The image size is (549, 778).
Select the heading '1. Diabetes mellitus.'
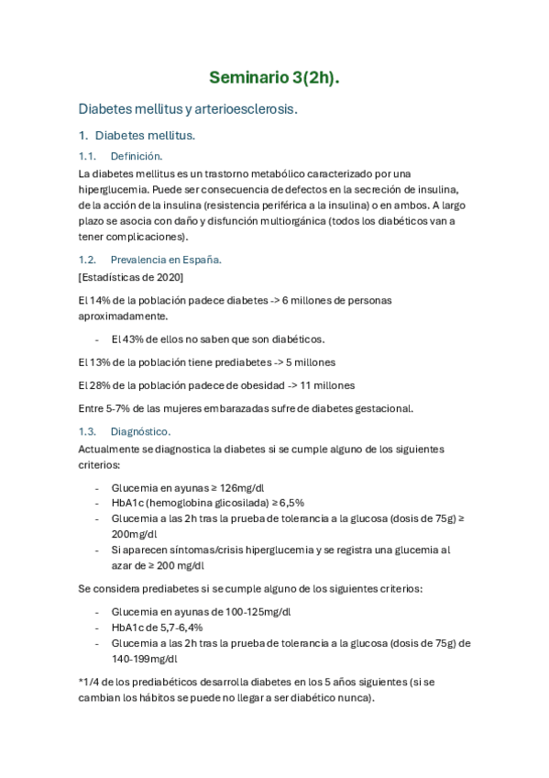138,136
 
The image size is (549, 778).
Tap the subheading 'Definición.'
136,156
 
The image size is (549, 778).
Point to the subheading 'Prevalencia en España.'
165,260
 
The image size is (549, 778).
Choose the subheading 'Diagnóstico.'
139,431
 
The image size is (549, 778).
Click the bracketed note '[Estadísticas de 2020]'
131,277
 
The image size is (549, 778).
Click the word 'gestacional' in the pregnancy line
380,408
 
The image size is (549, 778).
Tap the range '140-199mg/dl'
145,659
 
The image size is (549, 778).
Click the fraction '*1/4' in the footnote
93,682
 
